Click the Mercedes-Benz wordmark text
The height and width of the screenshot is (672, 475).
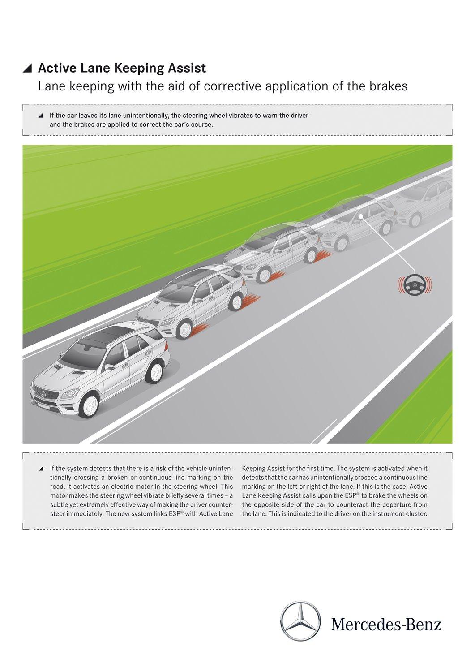(386, 624)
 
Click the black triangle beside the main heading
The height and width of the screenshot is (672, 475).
(28, 68)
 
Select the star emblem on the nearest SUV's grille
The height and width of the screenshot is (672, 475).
(43, 393)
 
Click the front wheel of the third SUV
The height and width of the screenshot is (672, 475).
(265, 275)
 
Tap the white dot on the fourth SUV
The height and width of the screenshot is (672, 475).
(361, 219)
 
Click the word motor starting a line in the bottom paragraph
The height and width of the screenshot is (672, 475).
(58, 495)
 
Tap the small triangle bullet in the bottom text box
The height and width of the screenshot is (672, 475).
(41, 469)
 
